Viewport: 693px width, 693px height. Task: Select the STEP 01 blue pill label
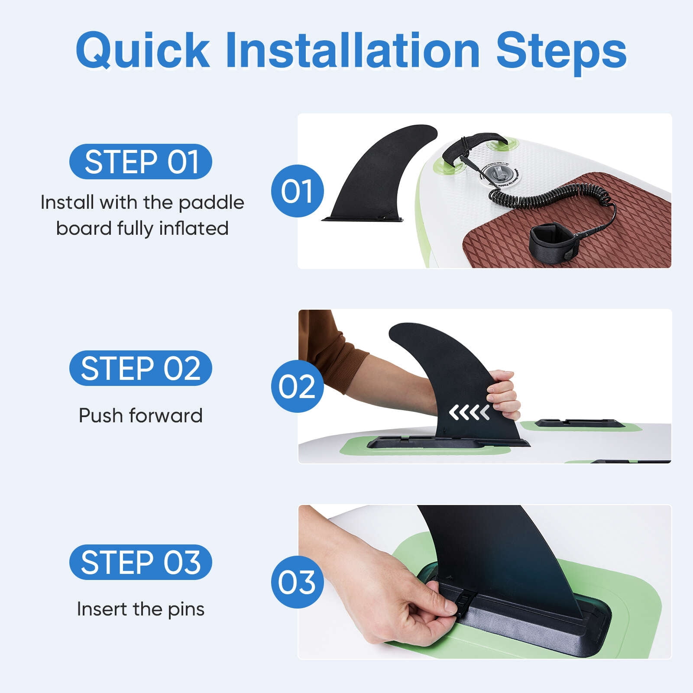[x=141, y=162]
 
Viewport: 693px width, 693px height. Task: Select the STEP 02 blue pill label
[x=141, y=368]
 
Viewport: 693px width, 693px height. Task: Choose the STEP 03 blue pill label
[x=141, y=562]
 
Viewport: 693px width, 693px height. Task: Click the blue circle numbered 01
[x=298, y=191]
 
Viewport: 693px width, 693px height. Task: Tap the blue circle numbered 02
[x=298, y=386]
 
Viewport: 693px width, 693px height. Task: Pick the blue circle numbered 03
[x=298, y=582]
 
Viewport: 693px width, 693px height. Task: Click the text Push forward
[x=141, y=415]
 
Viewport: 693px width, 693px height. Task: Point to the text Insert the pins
[x=141, y=609]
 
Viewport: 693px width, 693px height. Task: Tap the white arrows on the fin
[x=470, y=413]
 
